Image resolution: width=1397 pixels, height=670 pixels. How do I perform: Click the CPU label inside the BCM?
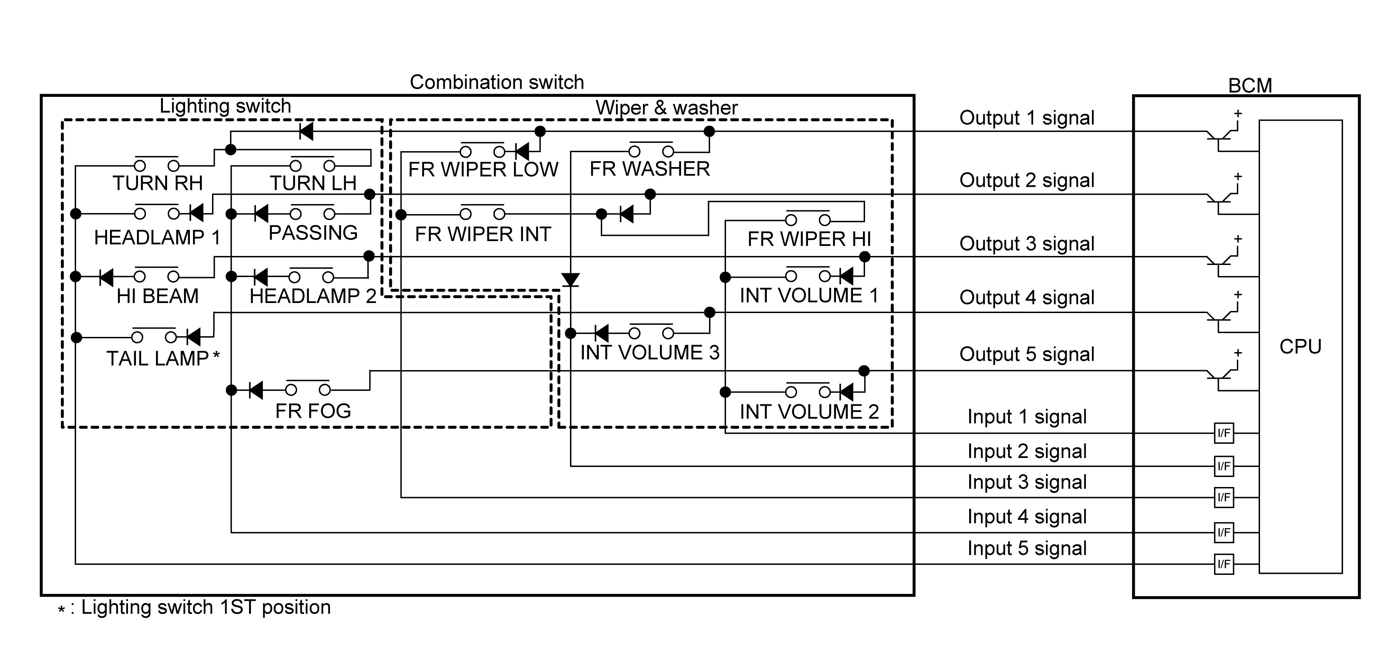coord(1300,346)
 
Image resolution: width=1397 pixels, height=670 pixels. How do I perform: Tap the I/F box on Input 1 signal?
coord(1223,433)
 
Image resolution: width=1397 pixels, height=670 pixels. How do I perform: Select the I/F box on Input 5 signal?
coord(1223,564)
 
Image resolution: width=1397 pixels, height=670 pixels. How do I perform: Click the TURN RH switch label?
coord(157,183)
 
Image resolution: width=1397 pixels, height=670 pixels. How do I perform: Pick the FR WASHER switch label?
coord(650,169)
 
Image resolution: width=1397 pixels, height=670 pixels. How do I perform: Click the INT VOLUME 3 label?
coord(650,352)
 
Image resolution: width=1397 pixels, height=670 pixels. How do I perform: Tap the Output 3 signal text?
coord(1027,244)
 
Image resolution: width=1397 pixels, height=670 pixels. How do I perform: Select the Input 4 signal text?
coord(1027,516)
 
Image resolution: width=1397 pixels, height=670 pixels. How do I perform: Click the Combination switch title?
coord(497,82)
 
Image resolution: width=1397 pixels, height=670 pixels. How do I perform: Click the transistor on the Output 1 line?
coord(1221,137)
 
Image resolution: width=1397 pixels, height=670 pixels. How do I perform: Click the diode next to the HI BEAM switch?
coord(106,277)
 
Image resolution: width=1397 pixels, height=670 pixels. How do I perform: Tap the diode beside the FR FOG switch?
coord(256,389)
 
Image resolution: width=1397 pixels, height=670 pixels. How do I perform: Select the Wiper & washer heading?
coord(667,108)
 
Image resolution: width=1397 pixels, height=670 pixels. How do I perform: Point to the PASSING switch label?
coord(313,233)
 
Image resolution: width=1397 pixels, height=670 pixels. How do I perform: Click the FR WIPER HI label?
coord(809,239)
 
